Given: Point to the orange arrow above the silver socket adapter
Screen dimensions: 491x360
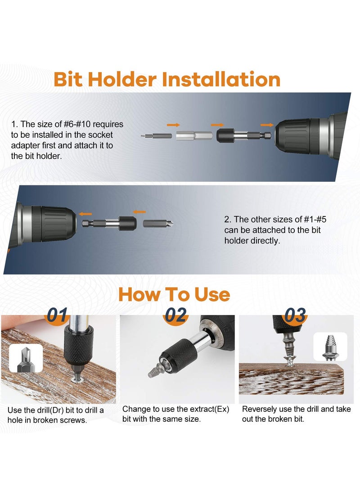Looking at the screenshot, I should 173,125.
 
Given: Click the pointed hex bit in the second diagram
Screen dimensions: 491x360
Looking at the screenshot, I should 158,223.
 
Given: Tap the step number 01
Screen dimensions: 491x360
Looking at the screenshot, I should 58,315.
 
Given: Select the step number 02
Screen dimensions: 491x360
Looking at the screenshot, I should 175,315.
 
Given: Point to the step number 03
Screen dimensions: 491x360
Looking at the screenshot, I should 295,315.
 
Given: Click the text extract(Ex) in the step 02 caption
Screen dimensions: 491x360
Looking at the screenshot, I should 210,410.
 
